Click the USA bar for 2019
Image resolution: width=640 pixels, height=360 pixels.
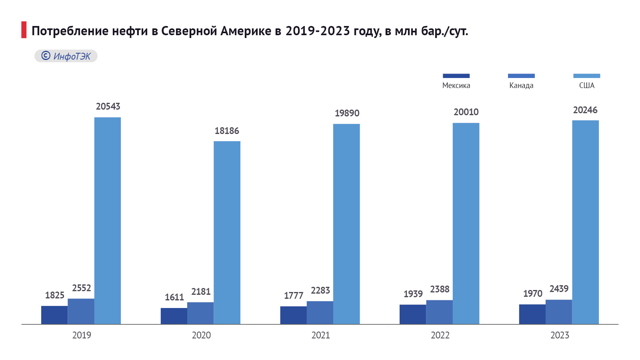[x=107, y=220]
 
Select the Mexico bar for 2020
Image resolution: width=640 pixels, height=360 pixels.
[x=174, y=316]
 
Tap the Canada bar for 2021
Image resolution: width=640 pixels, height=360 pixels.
[x=320, y=312]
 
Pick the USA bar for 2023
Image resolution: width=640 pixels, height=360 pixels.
[x=585, y=222]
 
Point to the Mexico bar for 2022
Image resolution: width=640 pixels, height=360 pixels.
[x=412, y=314]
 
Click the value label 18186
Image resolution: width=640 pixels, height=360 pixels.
[x=227, y=131]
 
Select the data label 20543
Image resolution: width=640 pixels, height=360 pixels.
[x=108, y=106]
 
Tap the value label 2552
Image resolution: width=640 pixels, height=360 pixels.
[x=82, y=288]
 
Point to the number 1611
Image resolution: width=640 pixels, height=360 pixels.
[x=174, y=297]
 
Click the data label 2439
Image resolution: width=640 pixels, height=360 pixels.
[x=559, y=289]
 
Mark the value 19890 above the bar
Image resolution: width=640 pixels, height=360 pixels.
[x=347, y=113]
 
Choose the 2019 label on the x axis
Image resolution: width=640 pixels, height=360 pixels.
[x=82, y=335]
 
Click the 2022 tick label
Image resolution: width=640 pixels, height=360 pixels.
[x=440, y=335]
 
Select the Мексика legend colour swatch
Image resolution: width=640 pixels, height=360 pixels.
[x=456, y=76]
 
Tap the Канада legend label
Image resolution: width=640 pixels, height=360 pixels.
[x=521, y=86]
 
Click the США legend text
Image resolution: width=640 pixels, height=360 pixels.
[x=587, y=86]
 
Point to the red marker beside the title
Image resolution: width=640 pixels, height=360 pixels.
[x=24, y=30]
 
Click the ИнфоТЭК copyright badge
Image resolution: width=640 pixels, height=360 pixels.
[x=66, y=56]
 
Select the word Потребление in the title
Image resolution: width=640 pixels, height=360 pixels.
[x=70, y=31]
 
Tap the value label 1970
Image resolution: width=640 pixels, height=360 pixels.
[x=532, y=294]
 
